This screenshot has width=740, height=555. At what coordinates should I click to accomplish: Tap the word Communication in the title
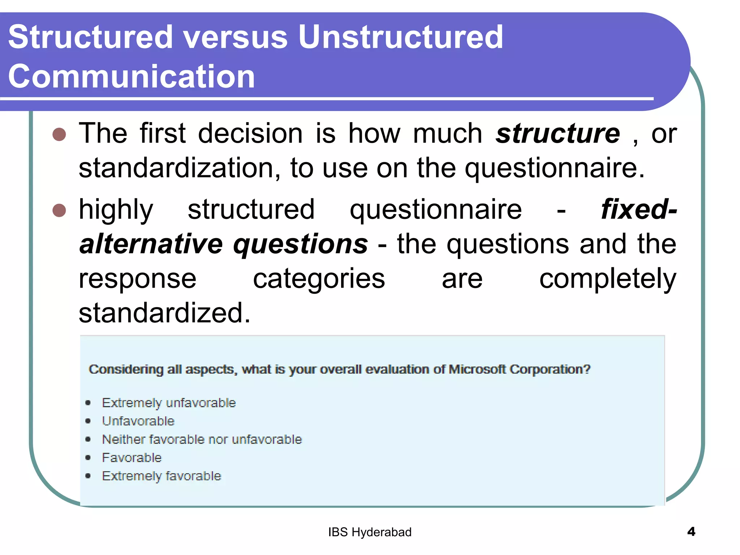pyautogui.click(x=132, y=76)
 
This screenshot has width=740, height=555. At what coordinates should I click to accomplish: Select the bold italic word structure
pyautogui.click(x=558, y=134)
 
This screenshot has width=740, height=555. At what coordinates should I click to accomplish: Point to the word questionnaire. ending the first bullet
pyautogui.click(x=554, y=168)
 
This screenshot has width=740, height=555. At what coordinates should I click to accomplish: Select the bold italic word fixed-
pyautogui.click(x=639, y=210)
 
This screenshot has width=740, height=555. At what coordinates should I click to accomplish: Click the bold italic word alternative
pyautogui.click(x=151, y=244)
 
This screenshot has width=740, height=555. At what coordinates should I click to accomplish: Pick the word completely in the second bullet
pyautogui.click(x=607, y=279)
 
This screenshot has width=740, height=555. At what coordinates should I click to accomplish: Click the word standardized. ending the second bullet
pyautogui.click(x=164, y=313)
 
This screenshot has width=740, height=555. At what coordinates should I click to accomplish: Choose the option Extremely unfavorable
pyautogui.click(x=169, y=403)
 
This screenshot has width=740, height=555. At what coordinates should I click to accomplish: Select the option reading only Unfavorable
pyautogui.click(x=138, y=421)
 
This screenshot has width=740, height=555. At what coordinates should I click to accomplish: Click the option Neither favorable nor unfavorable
pyautogui.click(x=202, y=439)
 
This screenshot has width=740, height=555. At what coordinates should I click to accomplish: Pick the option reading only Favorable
pyautogui.click(x=132, y=458)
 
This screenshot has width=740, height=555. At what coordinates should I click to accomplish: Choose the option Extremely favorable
pyautogui.click(x=161, y=476)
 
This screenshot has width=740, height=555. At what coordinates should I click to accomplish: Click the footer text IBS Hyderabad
pyautogui.click(x=370, y=532)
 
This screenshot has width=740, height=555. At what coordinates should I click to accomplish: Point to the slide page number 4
pyautogui.click(x=691, y=532)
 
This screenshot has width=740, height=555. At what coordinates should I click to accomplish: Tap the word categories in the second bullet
pyautogui.click(x=319, y=279)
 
